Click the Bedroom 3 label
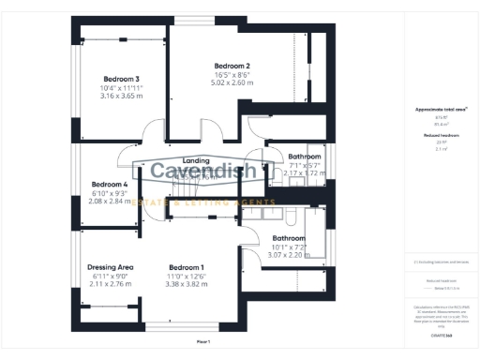pos(122,78)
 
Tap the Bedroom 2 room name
pos(232,64)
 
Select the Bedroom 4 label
pos(110,184)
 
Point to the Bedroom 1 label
pos(186,266)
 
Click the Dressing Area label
pos(111,266)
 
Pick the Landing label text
pos(196,160)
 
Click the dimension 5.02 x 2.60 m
pos(232,81)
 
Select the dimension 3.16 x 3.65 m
pos(122,95)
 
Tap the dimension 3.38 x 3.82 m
pos(186,283)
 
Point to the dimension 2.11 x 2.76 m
pos(111,283)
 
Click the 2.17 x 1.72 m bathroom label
pos(305,173)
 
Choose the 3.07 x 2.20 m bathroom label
pos(290,255)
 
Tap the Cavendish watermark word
pos(208,172)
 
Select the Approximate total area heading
pos(442,109)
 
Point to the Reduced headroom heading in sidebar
pos(442,135)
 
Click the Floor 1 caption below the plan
pos(203,342)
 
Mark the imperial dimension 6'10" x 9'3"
pos(110,192)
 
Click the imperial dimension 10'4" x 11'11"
pos(122,86)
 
